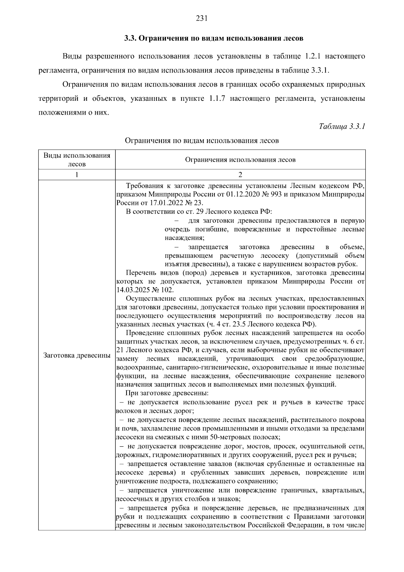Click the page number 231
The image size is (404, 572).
pyautogui.click(x=202, y=19)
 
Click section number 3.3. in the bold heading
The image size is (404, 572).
pyautogui.click(x=130, y=38)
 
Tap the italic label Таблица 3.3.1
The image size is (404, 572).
pyautogui.click(x=342, y=127)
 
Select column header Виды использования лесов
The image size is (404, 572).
pyautogui.click(x=77, y=160)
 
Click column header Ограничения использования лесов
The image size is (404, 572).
pyautogui.click(x=240, y=160)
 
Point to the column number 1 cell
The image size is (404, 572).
pyautogui.click(x=77, y=175)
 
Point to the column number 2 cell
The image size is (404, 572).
pyautogui.click(x=240, y=175)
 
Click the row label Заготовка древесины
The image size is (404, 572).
pyautogui.click(x=77, y=356)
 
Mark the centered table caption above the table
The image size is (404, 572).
pyautogui.click(x=202, y=141)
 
